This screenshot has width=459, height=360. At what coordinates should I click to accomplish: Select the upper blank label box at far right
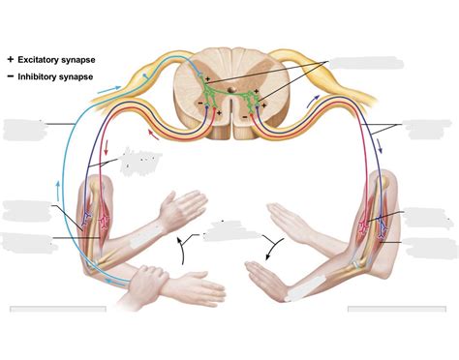tap(427, 130)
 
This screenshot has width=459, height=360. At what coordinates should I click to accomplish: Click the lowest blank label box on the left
tap(25, 239)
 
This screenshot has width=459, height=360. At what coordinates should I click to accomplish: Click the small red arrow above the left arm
tap(104, 153)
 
